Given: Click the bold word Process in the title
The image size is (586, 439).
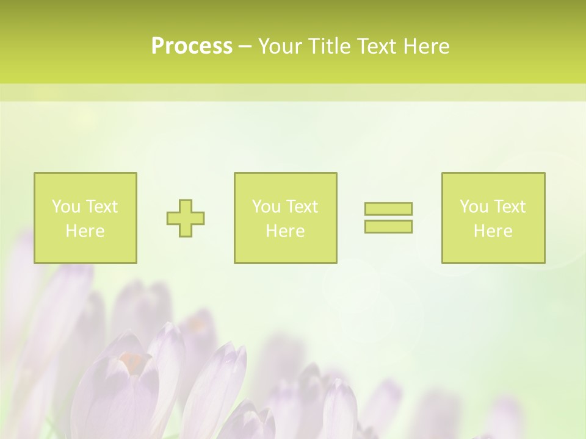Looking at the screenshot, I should coord(192,46).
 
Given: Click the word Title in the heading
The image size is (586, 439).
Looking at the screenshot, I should coord(330,46).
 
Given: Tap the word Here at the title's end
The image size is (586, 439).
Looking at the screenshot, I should coord(425,46).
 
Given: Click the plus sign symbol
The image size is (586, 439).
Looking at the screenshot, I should coord(186,218).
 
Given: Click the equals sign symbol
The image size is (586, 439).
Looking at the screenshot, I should coord(388,218).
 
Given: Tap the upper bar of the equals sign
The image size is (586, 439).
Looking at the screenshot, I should coord(388,209).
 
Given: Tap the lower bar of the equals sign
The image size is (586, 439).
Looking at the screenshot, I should coord(388,226).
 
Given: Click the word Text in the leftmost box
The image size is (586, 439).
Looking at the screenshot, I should coord(102,207).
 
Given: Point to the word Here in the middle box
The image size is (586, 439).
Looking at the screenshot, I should coord(285,231).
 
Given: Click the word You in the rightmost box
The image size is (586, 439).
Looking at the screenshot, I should coord(474,207).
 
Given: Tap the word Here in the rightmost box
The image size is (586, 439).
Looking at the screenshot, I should coord(493,231).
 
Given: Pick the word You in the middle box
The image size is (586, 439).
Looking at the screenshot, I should coord(266,207).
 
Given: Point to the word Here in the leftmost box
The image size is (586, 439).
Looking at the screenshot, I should coord(85,231).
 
